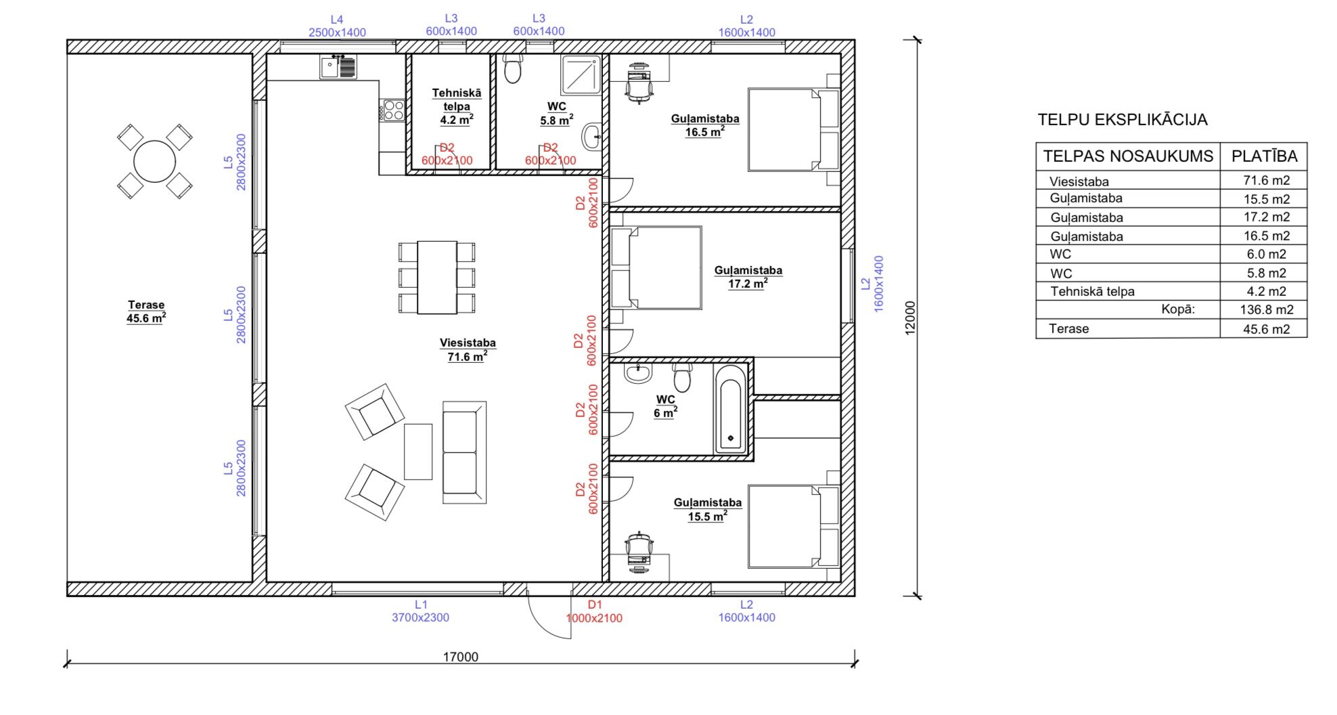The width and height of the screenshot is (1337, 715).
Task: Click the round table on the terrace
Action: (x=154, y=161)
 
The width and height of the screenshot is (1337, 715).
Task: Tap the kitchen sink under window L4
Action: (x=338, y=67)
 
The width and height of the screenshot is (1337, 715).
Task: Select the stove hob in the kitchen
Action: (x=392, y=110)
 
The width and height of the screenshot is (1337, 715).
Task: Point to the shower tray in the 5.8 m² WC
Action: (x=581, y=74)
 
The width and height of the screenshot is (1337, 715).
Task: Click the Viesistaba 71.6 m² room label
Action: (x=468, y=349)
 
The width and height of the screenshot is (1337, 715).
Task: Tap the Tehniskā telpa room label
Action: (x=457, y=106)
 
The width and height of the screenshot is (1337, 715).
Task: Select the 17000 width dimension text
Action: (x=460, y=657)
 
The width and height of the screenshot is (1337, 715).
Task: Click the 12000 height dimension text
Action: (x=910, y=318)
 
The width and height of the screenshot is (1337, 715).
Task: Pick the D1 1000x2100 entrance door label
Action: (x=594, y=611)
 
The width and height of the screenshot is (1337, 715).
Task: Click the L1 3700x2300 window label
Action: (x=420, y=611)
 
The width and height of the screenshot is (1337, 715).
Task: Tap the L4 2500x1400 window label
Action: (x=337, y=26)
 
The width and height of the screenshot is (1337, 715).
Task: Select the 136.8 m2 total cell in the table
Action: (x=1267, y=309)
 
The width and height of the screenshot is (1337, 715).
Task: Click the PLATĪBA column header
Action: (x=1264, y=156)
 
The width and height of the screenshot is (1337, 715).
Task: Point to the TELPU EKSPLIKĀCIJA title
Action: (x=1123, y=120)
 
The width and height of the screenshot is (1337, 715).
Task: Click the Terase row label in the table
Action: (x=1069, y=329)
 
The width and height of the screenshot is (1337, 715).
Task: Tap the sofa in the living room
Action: (x=464, y=452)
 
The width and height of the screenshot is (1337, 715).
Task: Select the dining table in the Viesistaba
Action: (x=437, y=277)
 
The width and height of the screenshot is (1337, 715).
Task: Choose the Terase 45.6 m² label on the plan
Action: (x=146, y=311)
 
